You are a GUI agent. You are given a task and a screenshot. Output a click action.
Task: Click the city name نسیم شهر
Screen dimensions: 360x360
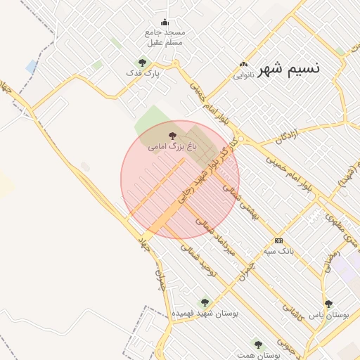coord(289,69)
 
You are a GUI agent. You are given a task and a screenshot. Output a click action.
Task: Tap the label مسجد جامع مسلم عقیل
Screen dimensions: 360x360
coord(165,37)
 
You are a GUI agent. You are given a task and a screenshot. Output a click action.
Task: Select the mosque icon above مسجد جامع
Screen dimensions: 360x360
coord(165,22)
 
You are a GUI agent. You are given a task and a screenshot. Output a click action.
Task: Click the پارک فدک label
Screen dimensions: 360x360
coord(143,72)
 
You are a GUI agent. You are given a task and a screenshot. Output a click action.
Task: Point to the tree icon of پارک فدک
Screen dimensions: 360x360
coord(143,63)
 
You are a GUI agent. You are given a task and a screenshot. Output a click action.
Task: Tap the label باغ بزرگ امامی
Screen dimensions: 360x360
coord(172,147)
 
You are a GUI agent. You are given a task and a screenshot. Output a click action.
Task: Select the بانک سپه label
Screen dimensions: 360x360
coord(278,250)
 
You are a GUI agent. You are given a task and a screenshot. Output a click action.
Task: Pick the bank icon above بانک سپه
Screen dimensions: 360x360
coord(279,240)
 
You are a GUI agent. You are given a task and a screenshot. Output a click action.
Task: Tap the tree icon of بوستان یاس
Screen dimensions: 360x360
coord(328,304)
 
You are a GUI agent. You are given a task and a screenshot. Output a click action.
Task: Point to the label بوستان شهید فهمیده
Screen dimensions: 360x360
coord(205,313)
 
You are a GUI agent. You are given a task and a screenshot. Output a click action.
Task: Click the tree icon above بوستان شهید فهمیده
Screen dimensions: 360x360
coord(205,302)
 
